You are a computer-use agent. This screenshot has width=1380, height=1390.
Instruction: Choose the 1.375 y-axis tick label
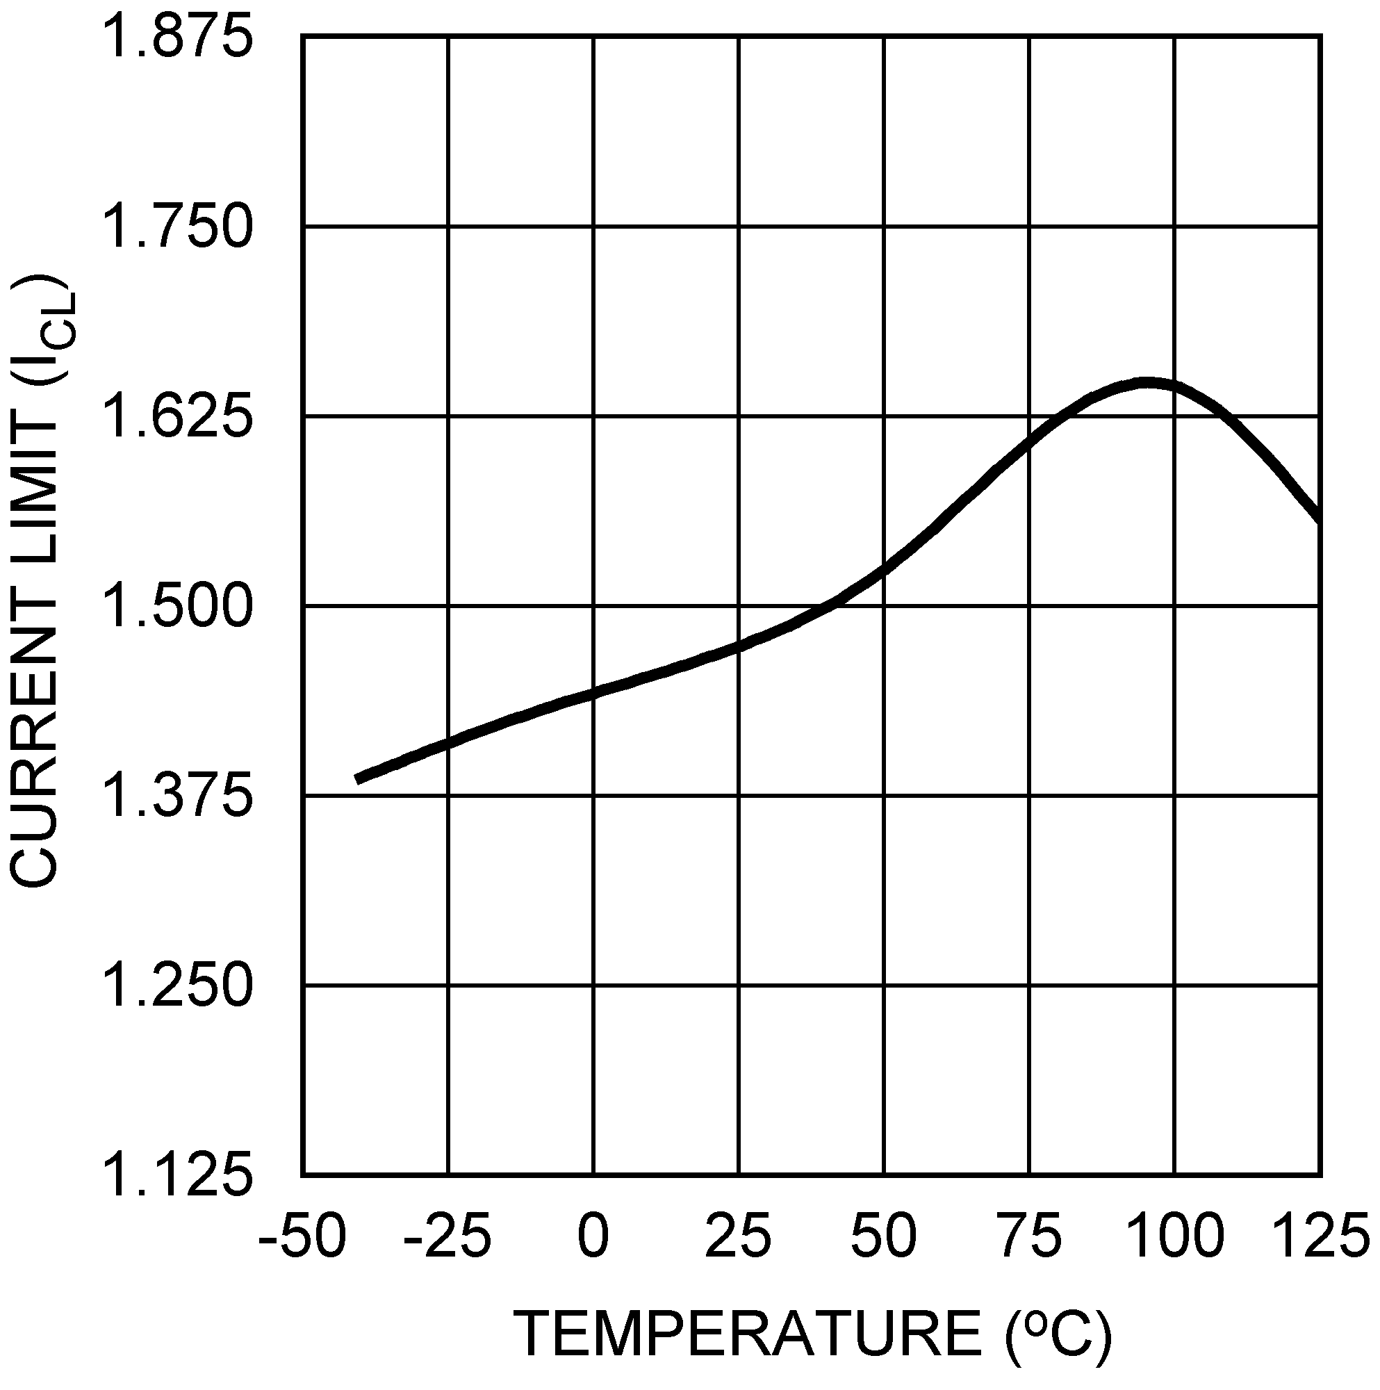[x=179, y=796]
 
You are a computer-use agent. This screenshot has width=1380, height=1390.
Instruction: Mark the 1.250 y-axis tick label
[x=179, y=986]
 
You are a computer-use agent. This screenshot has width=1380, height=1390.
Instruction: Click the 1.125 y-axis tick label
[x=179, y=1176]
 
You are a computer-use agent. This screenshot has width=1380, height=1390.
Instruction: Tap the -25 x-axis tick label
[x=447, y=1234]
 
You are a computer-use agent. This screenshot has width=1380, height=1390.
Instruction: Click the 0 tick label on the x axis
[x=593, y=1234]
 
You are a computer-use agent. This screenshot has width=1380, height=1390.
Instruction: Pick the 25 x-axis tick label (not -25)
[x=738, y=1234]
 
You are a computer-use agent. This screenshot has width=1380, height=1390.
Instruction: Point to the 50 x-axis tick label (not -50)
[x=884, y=1234]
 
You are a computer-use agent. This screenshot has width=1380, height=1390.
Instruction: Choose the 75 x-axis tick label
[x=1030, y=1234]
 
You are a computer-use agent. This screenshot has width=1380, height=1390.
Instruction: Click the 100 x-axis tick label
[x=1175, y=1234]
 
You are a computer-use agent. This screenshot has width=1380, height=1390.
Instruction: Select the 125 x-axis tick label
[x=1321, y=1234]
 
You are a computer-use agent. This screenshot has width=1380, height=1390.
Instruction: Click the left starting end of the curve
[x=358, y=779]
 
